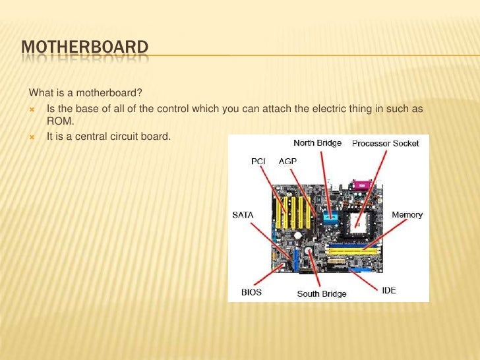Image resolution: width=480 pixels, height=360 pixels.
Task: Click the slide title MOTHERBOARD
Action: click(x=84, y=47)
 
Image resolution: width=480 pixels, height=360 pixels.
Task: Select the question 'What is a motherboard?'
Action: click(x=81, y=92)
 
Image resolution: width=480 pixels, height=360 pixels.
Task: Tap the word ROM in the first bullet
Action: click(x=59, y=120)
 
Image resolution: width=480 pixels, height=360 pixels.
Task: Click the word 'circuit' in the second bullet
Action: click(x=129, y=137)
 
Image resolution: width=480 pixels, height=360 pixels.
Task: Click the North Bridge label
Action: click(x=317, y=143)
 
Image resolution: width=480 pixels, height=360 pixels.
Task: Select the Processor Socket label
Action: click(x=385, y=144)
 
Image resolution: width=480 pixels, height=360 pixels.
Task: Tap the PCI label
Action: click(x=259, y=160)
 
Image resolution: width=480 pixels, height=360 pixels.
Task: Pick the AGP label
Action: click(x=287, y=160)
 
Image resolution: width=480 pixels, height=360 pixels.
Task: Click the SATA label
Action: click(x=242, y=214)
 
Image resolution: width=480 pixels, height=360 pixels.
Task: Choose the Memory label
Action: click(x=407, y=214)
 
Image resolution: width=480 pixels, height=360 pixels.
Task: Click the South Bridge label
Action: click(x=321, y=293)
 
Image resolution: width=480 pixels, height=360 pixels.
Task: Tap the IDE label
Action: click(x=389, y=290)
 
